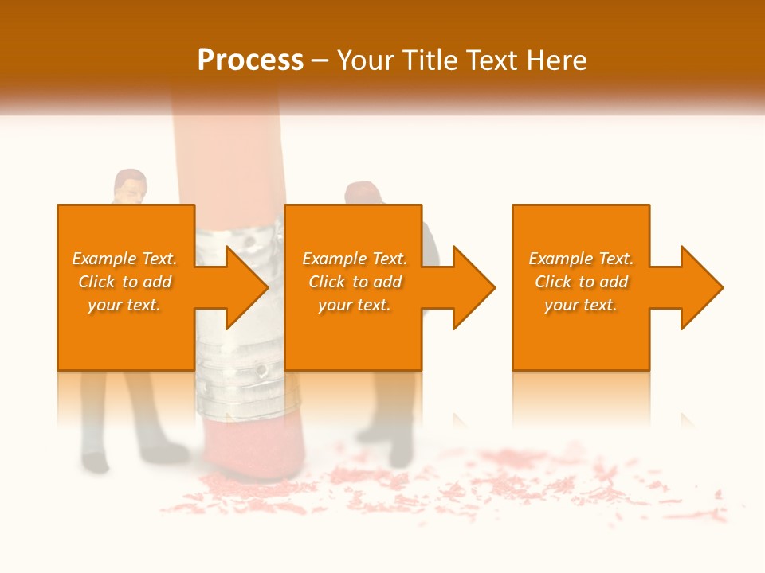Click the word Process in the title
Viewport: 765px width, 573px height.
(250, 60)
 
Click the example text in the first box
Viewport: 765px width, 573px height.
(124, 282)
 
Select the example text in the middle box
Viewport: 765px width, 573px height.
(355, 282)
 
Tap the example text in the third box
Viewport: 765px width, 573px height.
(581, 282)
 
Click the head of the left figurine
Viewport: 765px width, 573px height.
(130, 187)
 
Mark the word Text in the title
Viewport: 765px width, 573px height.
(490, 60)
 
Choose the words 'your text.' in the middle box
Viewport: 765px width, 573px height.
(355, 305)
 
